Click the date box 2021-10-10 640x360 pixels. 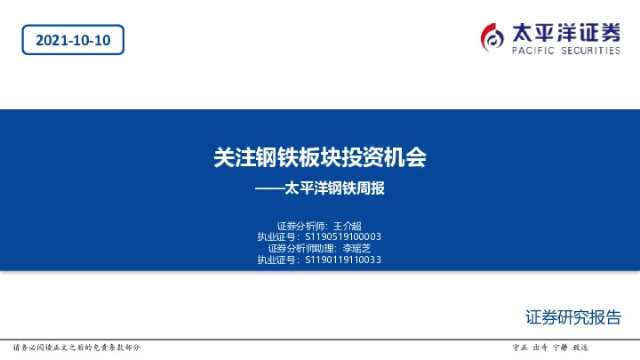tap(73, 41)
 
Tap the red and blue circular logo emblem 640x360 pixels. tap(492, 36)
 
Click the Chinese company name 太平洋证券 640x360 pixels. tap(566, 32)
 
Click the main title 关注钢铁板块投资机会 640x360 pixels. tap(320, 157)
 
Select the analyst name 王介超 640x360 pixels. tap(347, 225)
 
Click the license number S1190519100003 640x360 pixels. tap(343, 236)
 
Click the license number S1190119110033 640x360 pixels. tap(343, 260)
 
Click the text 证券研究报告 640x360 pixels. tap(573, 317)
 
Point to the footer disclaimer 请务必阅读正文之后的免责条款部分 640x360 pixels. tap(76, 347)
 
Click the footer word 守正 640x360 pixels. tap(521, 347)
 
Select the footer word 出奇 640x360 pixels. tap(540, 347)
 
